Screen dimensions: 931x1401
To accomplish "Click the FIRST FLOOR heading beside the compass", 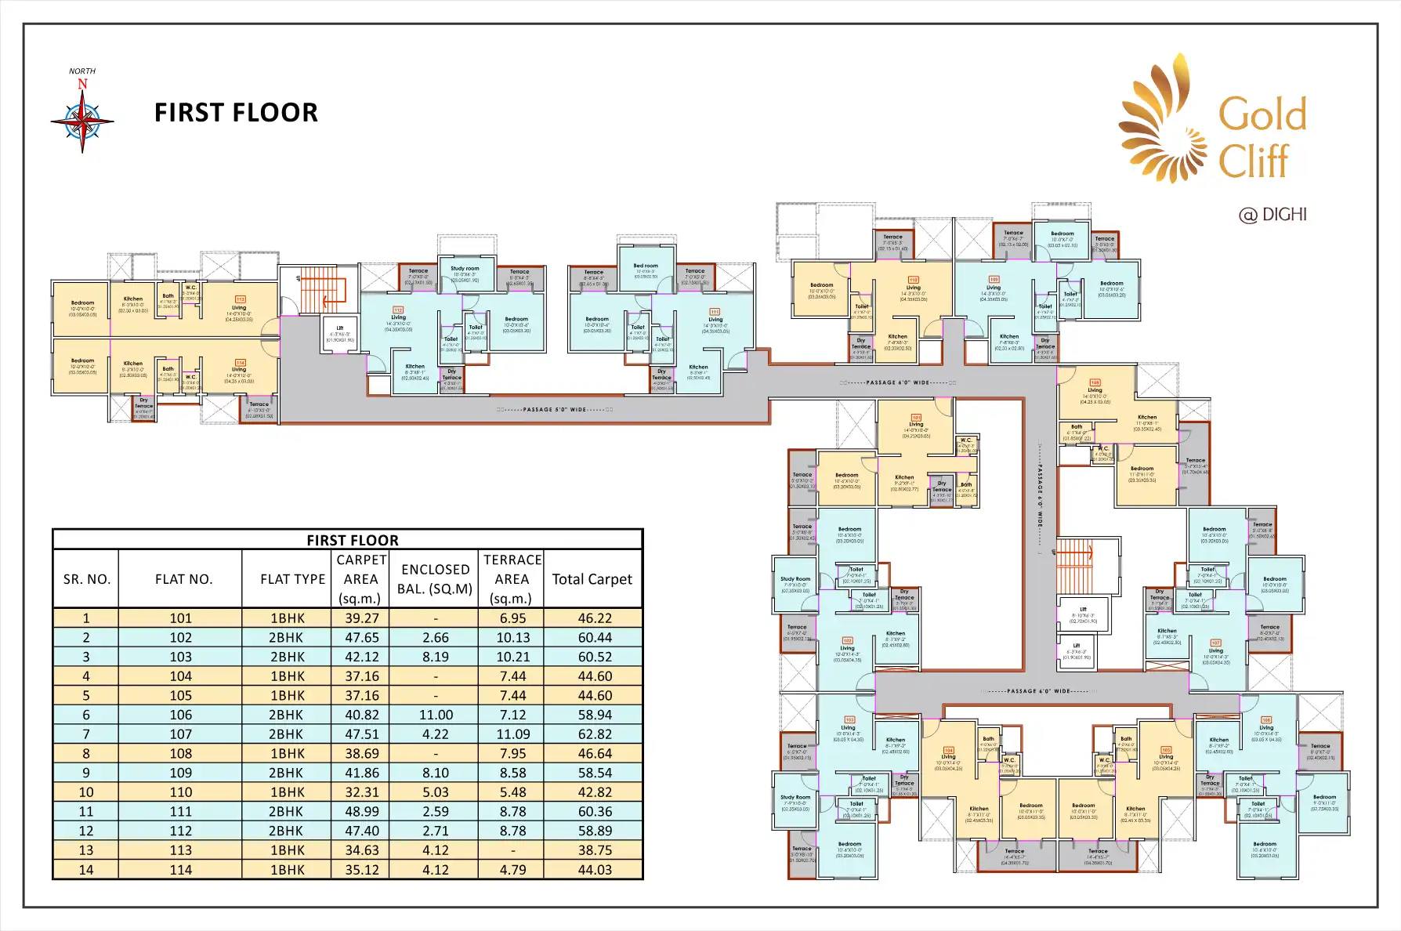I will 236,113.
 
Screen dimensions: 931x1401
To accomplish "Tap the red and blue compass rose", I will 82,121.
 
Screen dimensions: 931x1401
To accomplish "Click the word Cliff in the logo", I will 1253,161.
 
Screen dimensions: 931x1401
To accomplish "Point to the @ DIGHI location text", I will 1272,215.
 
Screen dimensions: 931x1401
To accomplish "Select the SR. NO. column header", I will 86,579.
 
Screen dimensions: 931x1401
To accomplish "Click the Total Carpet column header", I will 592,579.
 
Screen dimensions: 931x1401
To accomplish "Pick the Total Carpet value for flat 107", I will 595,734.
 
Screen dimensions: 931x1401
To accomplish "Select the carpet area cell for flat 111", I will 361,812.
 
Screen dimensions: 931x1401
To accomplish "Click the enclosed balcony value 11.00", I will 435,715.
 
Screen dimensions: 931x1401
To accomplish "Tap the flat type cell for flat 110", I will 287,792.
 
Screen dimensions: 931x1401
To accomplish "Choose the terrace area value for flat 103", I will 512,657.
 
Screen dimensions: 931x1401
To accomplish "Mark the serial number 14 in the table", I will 86,870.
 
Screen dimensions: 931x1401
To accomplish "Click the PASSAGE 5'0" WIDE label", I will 555,410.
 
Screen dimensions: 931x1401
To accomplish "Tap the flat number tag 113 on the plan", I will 241,299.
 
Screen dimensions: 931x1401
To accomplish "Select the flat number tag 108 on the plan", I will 1095,382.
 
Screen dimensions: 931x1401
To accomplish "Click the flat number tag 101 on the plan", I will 916,418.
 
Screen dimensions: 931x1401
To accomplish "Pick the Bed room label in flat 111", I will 646,266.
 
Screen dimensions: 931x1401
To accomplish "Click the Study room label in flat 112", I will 465,268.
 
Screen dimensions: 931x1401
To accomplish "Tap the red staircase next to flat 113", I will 323,290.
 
